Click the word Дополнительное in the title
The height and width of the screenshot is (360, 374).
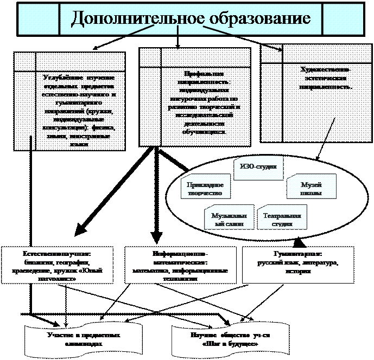click(132, 18)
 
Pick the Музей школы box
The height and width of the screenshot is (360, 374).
click(310, 189)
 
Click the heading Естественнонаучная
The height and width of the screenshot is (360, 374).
click(56, 254)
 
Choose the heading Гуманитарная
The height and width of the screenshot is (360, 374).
click(296, 254)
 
